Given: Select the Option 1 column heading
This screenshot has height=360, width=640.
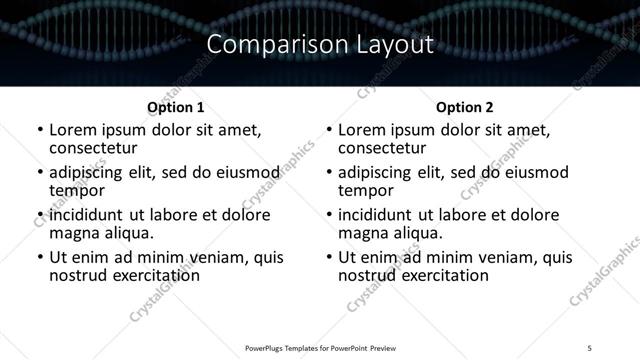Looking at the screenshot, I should [x=176, y=107].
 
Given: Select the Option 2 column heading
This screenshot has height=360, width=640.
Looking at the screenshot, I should [x=465, y=107].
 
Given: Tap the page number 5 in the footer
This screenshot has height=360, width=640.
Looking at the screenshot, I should [x=590, y=346].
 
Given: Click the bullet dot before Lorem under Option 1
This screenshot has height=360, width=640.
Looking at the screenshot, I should [x=39, y=131].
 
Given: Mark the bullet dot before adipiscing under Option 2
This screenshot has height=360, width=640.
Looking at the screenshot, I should [x=329, y=173].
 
